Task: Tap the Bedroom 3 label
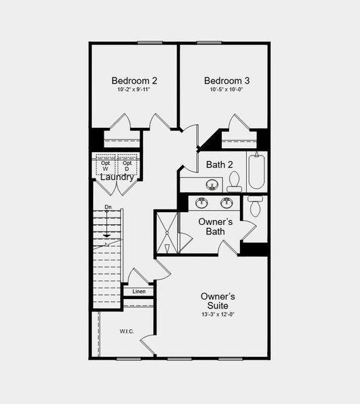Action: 222,81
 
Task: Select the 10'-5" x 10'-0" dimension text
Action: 222,90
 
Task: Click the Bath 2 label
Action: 220,164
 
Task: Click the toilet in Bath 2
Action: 234,181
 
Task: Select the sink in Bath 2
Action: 212,184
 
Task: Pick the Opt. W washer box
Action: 106,166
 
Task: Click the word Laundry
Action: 117,178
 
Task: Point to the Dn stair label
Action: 108,207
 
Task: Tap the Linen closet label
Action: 139,292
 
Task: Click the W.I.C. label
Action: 127,331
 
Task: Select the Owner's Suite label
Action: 218,301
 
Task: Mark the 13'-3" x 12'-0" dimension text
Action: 218,314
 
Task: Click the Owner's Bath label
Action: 215,227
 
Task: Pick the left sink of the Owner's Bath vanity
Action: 202,203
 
